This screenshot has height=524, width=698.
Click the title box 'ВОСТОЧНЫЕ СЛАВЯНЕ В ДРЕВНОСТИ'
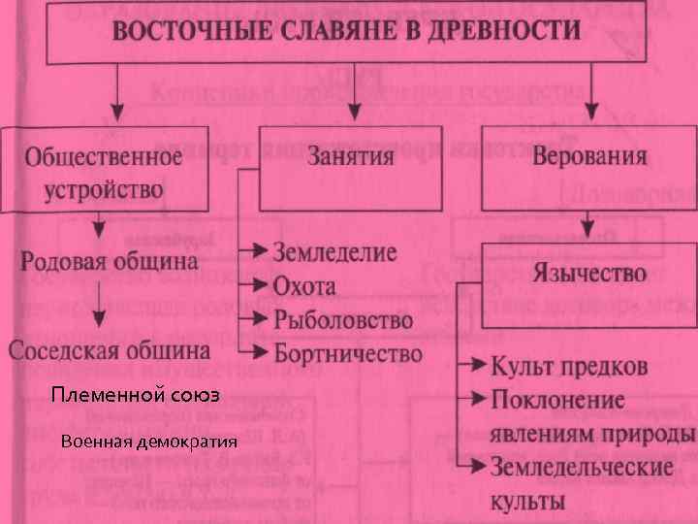click(x=348, y=30)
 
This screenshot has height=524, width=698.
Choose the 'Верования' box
click(x=588, y=156)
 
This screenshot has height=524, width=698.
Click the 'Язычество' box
click(x=588, y=273)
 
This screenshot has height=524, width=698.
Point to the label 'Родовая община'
click(x=109, y=260)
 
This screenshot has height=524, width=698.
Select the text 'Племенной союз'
click(x=136, y=396)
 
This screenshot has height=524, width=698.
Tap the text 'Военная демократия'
click(x=147, y=442)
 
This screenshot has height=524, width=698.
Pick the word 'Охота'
click(x=304, y=286)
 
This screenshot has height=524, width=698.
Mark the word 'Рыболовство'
click(x=342, y=319)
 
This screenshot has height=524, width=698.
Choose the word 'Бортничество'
click(x=347, y=352)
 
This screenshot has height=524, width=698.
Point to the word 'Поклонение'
click(x=557, y=400)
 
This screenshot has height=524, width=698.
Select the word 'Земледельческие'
click(x=582, y=466)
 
